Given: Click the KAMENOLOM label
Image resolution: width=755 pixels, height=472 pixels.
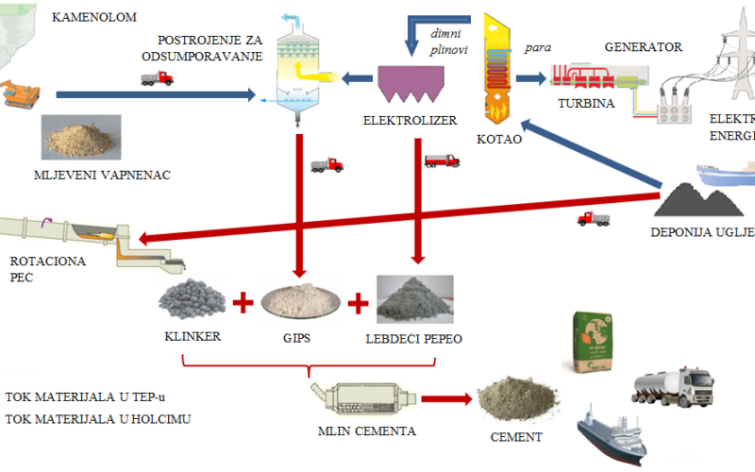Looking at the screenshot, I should [x=95, y=17].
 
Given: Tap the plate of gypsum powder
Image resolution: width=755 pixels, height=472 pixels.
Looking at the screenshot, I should [x=300, y=300].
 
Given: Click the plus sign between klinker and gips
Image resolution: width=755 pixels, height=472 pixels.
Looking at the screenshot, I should [x=243, y=303].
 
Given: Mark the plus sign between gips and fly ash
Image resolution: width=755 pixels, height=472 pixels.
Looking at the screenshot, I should [x=357, y=304].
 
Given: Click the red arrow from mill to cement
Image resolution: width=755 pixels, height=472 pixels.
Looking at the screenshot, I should [x=445, y=398].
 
